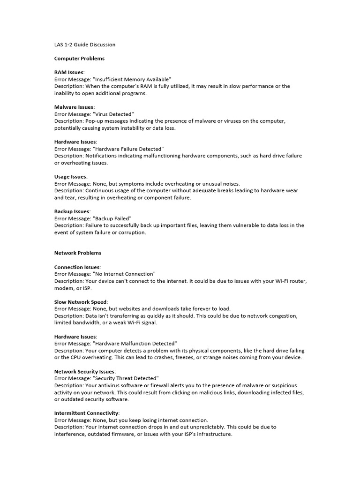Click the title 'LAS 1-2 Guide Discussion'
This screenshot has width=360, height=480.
(x=85, y=45)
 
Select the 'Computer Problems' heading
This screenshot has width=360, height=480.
(x=79, y=59)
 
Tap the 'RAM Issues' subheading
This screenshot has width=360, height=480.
(x=69, y=73)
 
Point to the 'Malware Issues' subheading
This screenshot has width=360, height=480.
(x=74, y=107)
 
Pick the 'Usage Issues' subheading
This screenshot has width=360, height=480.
(x=70, y=177)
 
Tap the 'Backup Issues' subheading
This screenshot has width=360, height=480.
(x=72, y=211)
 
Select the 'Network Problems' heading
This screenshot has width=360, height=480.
(x=78, y=253)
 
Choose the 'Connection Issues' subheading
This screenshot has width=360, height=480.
(x=77, y=267)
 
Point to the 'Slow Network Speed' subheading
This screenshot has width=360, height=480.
(x=81, y=302)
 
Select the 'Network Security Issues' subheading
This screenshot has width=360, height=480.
(x=84, y=371)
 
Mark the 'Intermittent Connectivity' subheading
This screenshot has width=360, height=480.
(x=87, y=413)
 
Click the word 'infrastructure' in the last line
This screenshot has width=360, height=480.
(x=213, y=434)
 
